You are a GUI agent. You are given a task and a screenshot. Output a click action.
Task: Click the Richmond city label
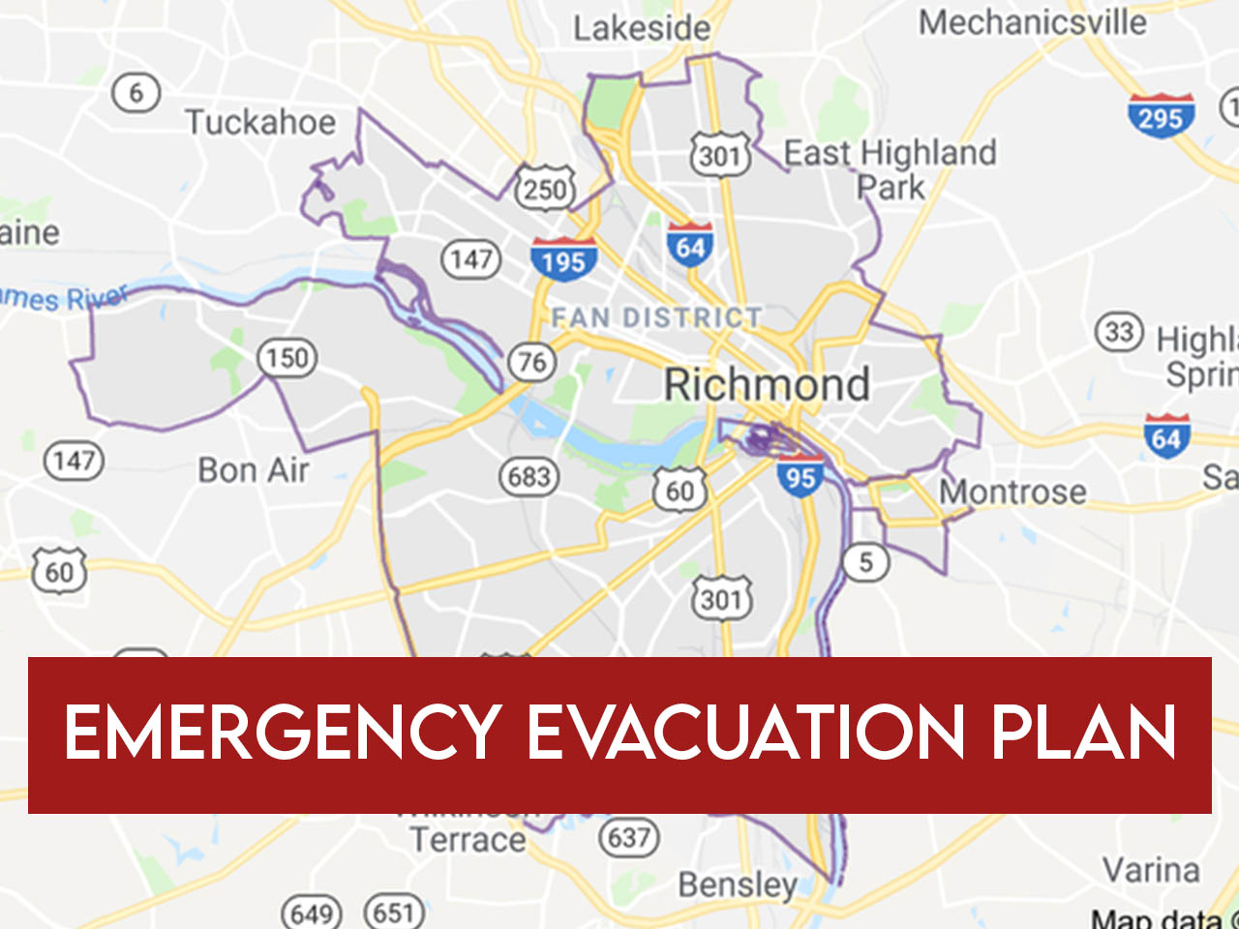tap(767, 384)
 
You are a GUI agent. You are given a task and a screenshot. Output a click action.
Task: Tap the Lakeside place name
tap(641, 27)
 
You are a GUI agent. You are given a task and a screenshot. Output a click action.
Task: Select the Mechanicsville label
tap(1032, 21)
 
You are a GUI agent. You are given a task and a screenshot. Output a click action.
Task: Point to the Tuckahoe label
tap(260, 123)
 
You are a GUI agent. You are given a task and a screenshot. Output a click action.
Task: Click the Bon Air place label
tap(254, 470)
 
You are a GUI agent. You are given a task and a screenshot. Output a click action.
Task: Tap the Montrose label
tap(1012, 492)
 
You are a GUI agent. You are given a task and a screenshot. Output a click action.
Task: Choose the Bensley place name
tap(738, 884)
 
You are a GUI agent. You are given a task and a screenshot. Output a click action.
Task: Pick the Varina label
tap(1151, 869)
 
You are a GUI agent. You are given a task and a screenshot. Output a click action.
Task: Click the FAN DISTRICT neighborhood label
tap(657, 317)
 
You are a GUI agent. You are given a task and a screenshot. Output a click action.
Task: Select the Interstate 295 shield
tap(1161, 116)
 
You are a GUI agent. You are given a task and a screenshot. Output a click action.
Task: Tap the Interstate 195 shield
tap(563, 259)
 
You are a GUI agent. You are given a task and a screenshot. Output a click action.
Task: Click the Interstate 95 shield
tap(801, 476)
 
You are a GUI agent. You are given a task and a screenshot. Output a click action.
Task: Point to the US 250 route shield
tap(545, 187)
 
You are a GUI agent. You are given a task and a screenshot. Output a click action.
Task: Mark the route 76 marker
tap(532, 362)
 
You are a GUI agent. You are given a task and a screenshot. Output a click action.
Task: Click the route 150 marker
tap(287, 358)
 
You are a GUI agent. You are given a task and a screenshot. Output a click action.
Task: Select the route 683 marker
tap(529, 476)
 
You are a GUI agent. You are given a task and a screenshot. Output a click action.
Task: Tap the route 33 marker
tap(1119, 332)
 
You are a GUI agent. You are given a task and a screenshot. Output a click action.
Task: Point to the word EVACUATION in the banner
tap(745, 733)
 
